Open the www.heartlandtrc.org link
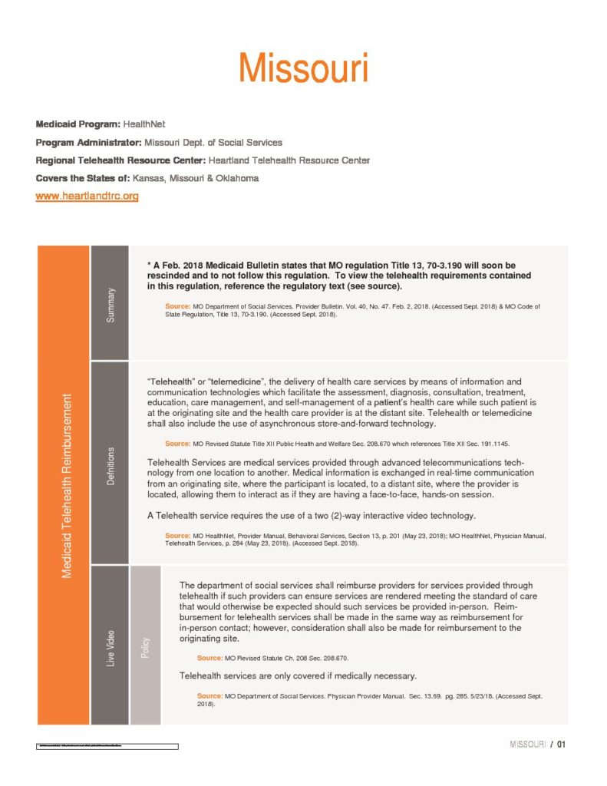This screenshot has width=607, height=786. point(87,196)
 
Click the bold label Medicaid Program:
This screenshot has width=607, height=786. point(77,124)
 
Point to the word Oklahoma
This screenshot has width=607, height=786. point(233,178)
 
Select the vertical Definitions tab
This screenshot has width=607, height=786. point(110,464)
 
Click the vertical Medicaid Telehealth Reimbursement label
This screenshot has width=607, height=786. point(66,485)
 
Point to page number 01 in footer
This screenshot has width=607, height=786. point(561,745)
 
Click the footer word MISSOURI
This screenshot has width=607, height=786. point(527,745)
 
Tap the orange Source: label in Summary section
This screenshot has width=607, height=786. point(177,307)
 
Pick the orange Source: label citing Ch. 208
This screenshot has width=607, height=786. point(209,658)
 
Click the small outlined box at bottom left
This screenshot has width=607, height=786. point(107,745)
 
